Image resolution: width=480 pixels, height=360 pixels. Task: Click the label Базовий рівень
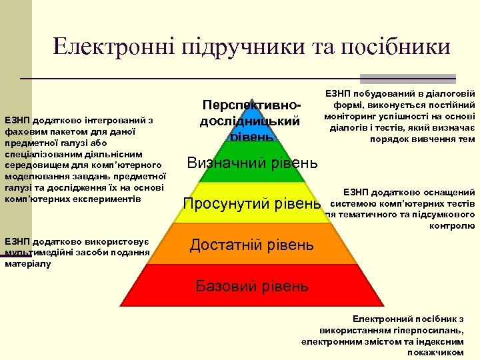(251, 287)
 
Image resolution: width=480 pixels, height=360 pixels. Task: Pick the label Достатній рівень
(251, 245)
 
